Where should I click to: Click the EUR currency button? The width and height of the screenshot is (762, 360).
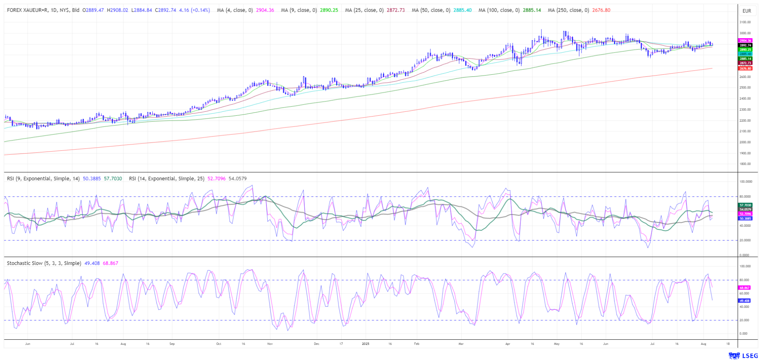(x=746, y=11)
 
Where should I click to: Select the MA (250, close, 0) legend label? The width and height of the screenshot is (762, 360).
(x=568, y=10)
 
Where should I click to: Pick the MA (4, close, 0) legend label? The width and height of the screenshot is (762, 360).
(x=235, y=10)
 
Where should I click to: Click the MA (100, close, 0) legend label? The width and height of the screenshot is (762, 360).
(x=499, y=10)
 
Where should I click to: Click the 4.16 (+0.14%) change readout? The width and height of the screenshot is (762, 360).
(x=194, y=10)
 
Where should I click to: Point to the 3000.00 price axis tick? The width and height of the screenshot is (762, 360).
(x=745, y=33)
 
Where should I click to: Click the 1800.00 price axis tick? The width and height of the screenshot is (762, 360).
(x=745, y=164)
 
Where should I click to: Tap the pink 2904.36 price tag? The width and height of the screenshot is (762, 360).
(x=745, y=41)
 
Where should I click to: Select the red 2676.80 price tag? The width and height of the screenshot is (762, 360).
(x=745, y=68)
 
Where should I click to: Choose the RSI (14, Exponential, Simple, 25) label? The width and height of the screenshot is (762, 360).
(x=167, y=179)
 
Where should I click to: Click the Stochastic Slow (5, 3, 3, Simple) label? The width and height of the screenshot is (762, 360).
(x=44, y=263)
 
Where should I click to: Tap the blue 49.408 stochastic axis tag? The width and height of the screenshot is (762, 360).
(x=745, y=301)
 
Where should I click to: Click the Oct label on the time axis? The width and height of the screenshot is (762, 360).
(x=218, y=343)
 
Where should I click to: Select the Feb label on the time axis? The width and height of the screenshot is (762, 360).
(x=416, y=343)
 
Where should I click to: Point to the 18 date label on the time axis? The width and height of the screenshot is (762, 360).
(x=728, y=343)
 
